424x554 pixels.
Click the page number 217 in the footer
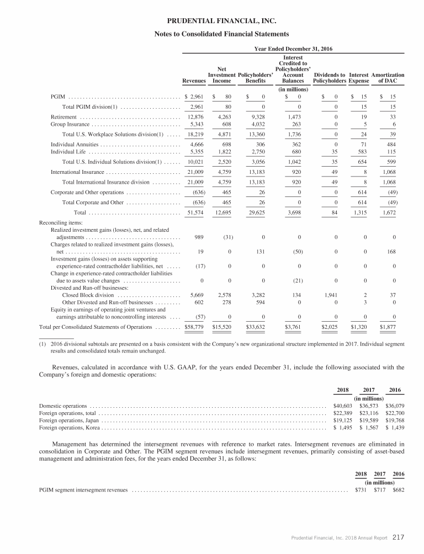[399, 536]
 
